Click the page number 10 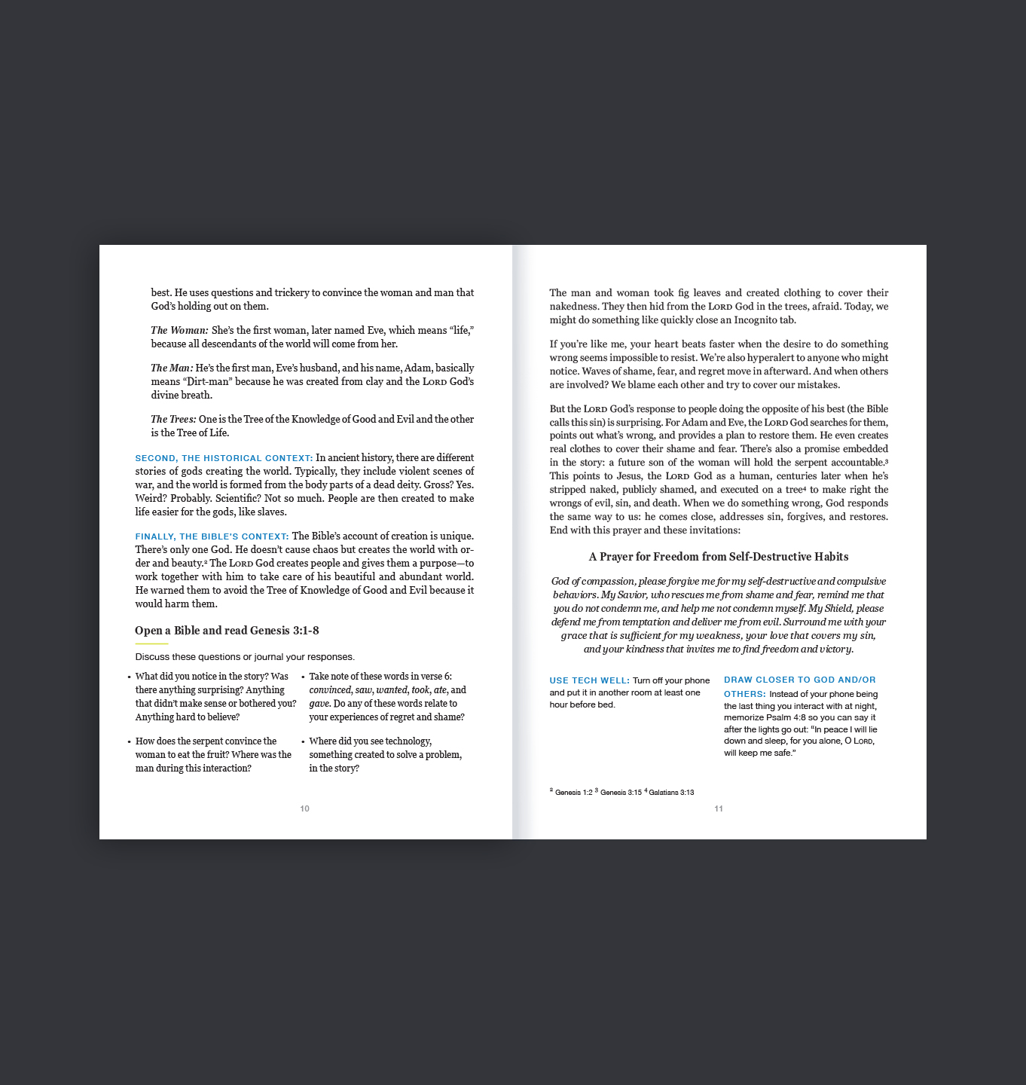[304, 808]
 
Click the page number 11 [719, 808]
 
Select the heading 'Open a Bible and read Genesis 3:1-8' [227, 631]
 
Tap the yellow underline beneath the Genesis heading [151, 644]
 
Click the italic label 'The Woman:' [179, 331]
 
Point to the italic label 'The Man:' [172, 368]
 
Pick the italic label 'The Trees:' [173, 420]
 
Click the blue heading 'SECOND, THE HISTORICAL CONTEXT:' [224, 458]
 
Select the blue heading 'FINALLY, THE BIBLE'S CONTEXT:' [212, 536]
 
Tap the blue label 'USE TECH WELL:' [589, 680]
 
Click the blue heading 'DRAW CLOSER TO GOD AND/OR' [799, 680]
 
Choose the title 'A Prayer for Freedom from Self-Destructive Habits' [719, 557]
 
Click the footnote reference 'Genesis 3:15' [621, 793]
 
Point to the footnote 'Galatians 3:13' [671, 793]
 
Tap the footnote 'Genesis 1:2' [573, 793]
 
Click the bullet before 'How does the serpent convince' [130, 742]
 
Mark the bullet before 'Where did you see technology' [303, 742]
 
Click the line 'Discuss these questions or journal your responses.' [245, 657]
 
